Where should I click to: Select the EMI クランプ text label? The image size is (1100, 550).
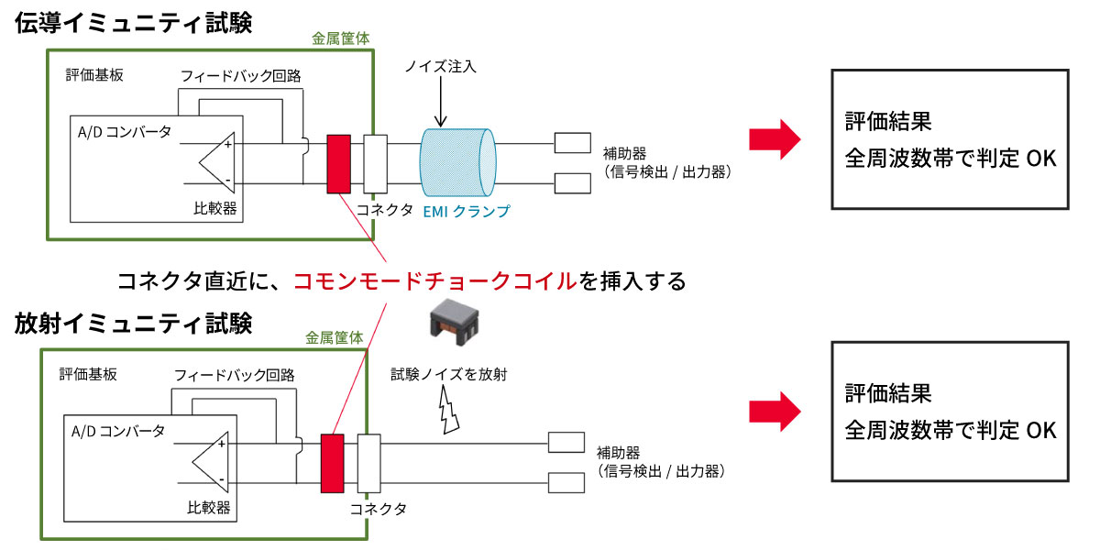point(467,211)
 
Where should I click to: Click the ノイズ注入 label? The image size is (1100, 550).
point(441,67)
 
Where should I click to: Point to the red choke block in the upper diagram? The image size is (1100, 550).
point(338,164)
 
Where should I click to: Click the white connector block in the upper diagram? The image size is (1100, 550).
point(376,164)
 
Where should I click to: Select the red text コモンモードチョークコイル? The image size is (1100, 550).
point(434,280)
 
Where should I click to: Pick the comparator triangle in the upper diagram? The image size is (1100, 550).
point(216,164)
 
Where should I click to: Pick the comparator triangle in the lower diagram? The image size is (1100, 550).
point(210,462)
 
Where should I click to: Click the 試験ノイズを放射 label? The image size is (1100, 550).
point(449,374)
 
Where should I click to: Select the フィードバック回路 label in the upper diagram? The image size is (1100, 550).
point(241,75)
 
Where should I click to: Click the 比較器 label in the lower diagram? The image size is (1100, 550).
point(209,508)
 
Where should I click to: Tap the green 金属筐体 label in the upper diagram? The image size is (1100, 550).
point(341,38)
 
